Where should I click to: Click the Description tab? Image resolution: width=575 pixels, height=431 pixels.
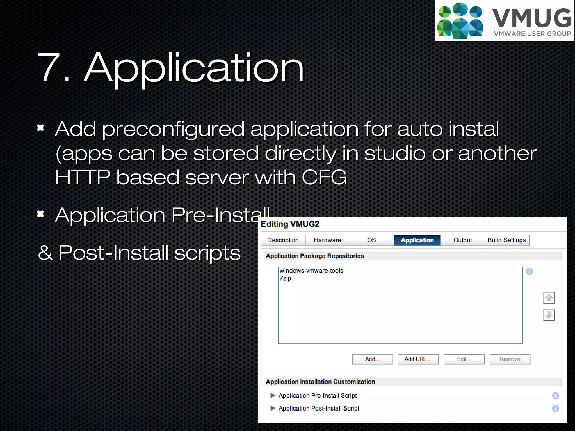click(x=283, y=240)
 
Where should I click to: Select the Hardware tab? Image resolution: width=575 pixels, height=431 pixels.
click(x=327, y=240)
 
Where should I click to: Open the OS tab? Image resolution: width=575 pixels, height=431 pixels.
click(x=371, y=240)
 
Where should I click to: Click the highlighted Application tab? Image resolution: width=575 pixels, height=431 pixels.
click(x=417, y=240)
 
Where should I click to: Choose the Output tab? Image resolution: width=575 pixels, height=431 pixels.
click(x=463, y=240)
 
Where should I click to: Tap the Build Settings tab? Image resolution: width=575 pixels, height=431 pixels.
click(x=507, y=240)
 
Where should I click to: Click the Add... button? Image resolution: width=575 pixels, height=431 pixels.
click(x=372, y=359)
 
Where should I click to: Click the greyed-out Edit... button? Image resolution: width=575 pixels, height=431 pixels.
click(x=464, y=359)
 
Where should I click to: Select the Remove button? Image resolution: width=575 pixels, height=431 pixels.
click(x=510, y=359)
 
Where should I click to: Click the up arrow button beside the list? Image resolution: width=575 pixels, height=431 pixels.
click(x=549, y=298)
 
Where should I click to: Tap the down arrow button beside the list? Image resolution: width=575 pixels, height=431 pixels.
click(x=549, y=315)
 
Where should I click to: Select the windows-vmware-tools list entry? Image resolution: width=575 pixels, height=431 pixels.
click(x=311, y=271)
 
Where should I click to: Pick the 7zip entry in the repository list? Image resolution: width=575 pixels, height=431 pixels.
click(x=285, y=278)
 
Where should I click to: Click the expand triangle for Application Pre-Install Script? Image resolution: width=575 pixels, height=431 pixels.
click(x=273, y=395)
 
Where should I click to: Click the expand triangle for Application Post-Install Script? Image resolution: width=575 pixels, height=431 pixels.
click(x=273, y=408)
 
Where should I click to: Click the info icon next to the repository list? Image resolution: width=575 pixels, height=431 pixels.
click(x=530, y=271)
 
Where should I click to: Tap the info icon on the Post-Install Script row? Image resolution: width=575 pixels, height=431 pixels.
click(x=555, y=409)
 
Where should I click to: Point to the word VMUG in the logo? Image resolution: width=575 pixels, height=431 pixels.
click(x=532, y=18)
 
